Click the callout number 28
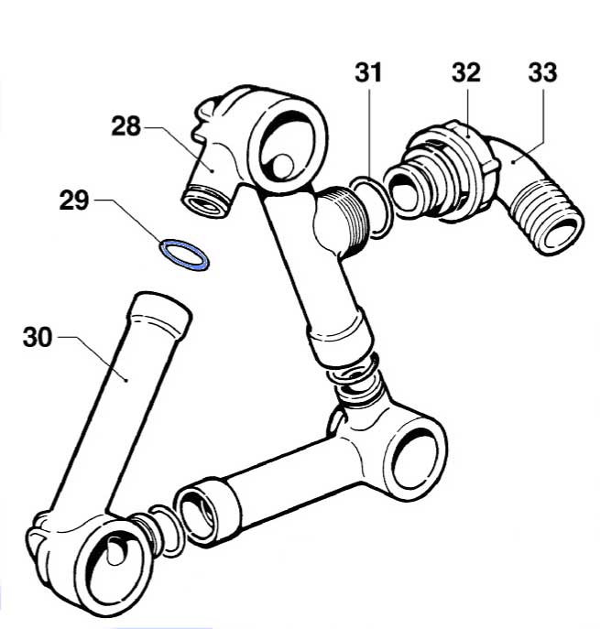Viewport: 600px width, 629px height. (126, 126)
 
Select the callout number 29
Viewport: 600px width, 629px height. (74, 201)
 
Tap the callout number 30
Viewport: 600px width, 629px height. (38, 337)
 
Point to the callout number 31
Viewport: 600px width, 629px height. (368, 72)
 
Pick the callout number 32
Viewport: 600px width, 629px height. (466, 72)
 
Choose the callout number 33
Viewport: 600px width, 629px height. (542, 72)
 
